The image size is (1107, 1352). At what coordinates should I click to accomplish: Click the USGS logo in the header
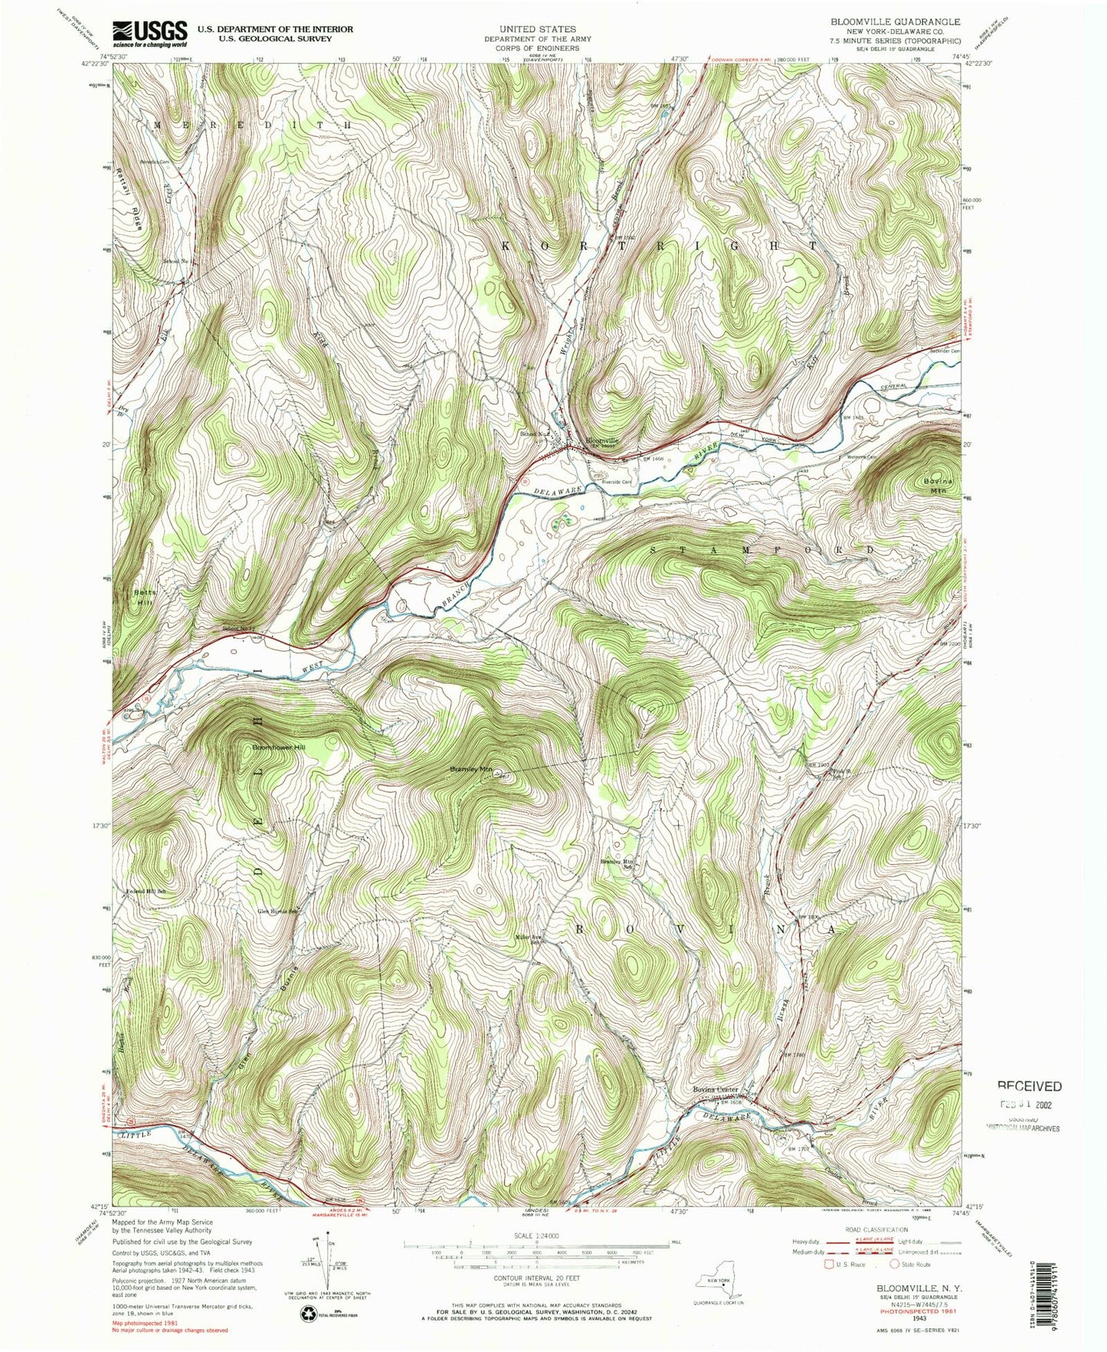(x=150, y=31)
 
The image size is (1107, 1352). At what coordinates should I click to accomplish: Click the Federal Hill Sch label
(x=146, y=892)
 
